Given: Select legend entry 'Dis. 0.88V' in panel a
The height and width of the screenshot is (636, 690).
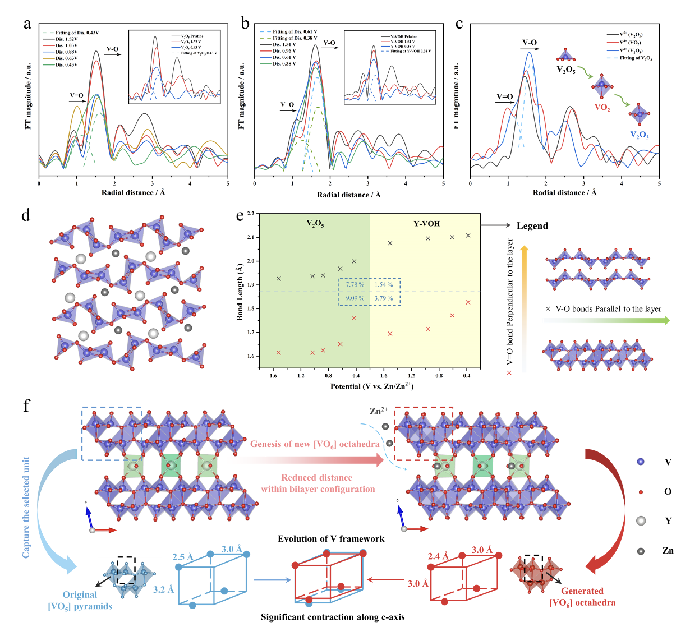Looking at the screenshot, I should (66, 52).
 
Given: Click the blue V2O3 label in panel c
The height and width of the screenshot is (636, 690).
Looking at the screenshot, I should (640, 135).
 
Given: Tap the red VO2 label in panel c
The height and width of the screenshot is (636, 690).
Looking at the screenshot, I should (602, 108).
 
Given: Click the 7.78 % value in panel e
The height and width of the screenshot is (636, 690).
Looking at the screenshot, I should (355, 284).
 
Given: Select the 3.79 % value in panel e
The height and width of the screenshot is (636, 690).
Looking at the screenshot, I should (384, 298).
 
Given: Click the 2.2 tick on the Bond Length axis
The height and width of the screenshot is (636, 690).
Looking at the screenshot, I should (250, 214).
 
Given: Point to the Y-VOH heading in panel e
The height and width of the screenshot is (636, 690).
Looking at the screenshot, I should (427, 223).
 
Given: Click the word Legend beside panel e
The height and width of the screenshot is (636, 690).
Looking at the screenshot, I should (532, 225).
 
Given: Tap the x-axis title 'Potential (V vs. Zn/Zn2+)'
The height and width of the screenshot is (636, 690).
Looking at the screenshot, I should (372, 386).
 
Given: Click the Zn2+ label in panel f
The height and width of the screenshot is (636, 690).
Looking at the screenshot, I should (379, 411).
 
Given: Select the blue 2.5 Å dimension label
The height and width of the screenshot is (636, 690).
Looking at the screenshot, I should (183, 556).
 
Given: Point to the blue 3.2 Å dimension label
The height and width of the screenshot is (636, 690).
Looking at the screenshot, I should (163, 589).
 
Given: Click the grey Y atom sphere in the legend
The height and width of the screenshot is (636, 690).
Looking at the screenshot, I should (641, 520).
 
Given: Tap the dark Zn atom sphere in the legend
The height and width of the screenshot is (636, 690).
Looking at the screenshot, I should (641, 551).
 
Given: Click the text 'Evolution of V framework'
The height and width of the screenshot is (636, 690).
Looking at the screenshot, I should (331, 538).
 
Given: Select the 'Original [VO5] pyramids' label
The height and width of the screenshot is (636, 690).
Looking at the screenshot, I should (80, 600).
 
